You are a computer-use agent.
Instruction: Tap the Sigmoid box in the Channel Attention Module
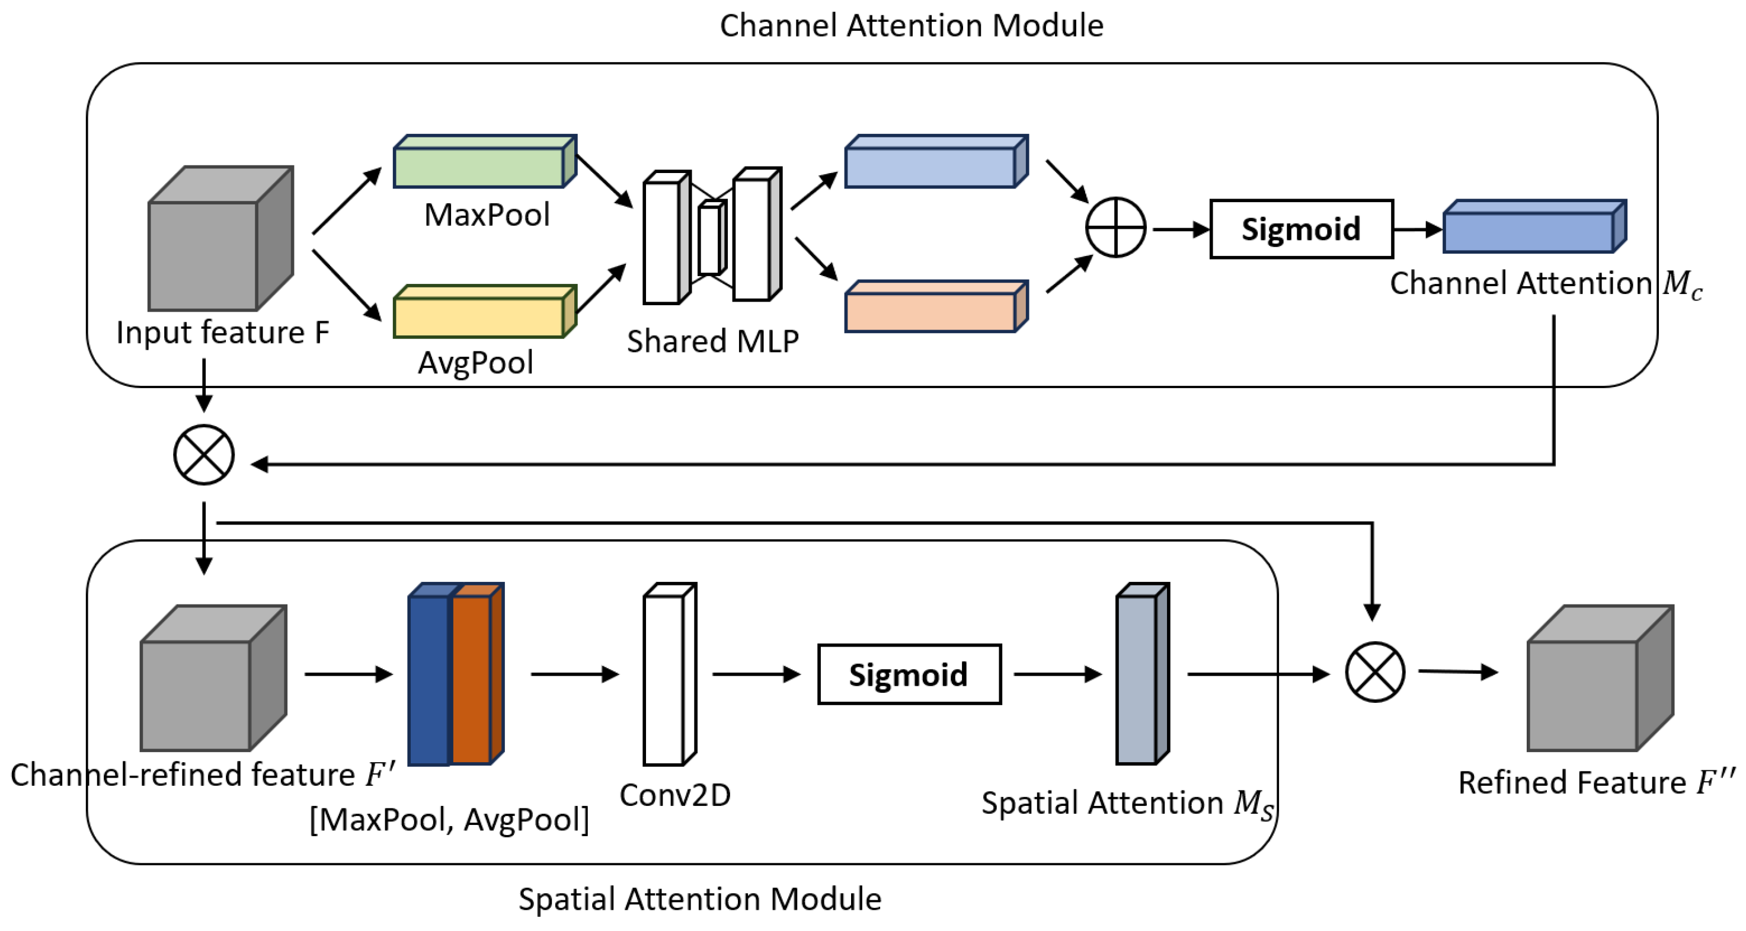coord(1301,229)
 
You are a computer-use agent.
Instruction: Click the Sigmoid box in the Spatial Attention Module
coord(909,674)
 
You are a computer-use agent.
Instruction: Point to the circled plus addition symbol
coord(1115,228)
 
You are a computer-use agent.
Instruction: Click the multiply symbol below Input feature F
coord(204,455)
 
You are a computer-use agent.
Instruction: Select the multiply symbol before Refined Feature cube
coord(1374,672)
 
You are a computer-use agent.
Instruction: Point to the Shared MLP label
coord(712,341)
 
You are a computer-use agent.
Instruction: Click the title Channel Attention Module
coord(911,25)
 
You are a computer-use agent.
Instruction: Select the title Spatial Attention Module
coord(699,899)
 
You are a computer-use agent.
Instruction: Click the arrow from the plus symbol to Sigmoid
coord(1179,230)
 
